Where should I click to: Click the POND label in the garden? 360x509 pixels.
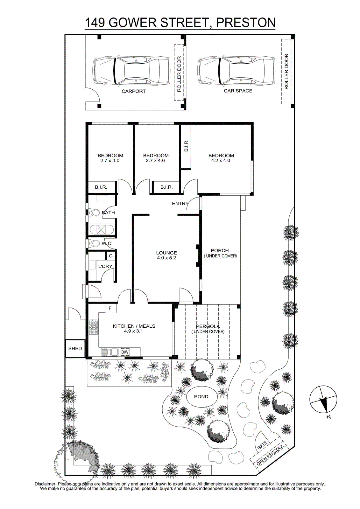coord(201,396)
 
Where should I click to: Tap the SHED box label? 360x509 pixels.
coord(75,348)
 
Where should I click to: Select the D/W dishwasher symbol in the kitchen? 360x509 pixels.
coord(125,352)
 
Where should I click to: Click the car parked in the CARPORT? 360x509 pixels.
coord(131,71)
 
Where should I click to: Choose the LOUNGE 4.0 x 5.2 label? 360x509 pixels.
coord(166,255)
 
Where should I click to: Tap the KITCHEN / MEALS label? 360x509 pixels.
coord(134,326)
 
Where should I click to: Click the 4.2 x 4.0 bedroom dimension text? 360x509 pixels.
coord(221,160)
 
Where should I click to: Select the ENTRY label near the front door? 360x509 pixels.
coord(180,204)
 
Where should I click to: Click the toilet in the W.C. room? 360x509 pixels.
coord(94,243)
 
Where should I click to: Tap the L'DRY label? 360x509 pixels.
coord(105,266)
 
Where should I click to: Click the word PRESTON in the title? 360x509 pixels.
coord(246,23)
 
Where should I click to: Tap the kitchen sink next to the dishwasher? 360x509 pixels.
coord(109,352)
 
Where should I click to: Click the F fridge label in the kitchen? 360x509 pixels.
coord(110,308)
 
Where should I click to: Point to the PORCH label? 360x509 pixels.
coord(220,250)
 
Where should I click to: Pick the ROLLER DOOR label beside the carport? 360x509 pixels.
coord(179,74)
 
